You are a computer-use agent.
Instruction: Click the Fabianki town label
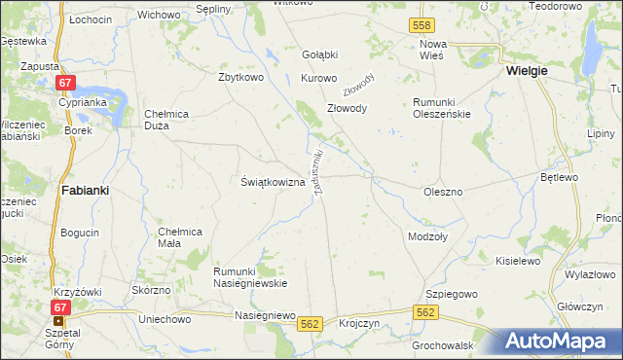point(85,191)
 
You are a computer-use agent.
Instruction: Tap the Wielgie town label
point(526,71)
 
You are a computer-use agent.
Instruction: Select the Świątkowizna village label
point(274,182)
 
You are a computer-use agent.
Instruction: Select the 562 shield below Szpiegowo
point(424,311)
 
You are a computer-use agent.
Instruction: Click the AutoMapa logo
point(563,342)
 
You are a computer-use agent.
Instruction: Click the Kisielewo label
point(517,261)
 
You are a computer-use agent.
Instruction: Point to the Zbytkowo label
point(243,78)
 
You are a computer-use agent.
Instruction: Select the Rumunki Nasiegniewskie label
point(250,276)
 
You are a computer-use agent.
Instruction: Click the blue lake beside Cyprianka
point(112,98)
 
